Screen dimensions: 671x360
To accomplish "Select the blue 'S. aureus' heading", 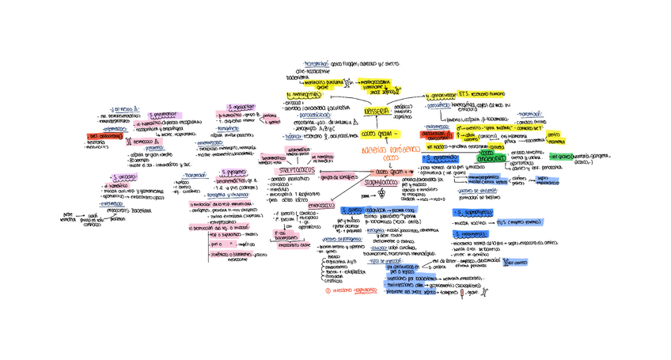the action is point(351,210).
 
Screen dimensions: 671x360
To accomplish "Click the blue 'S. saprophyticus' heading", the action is point(475,213).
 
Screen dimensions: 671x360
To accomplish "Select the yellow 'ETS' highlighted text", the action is point(464,93).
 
